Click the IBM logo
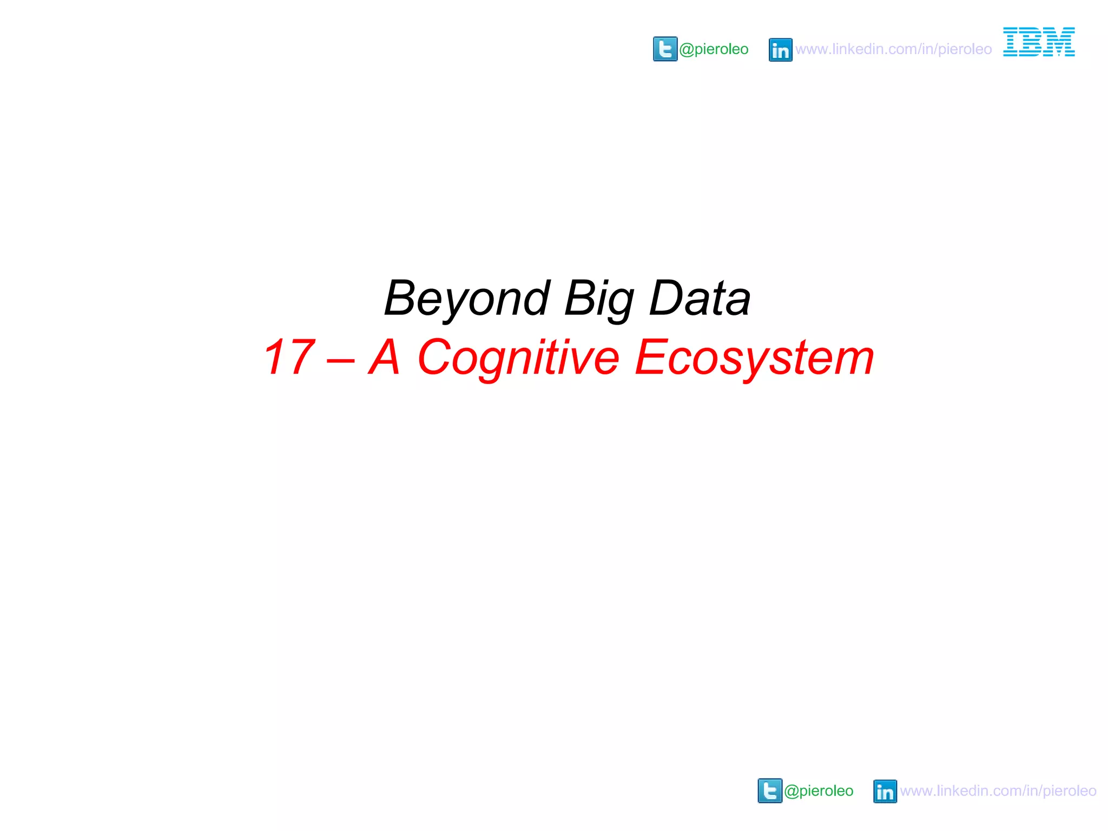click(1039, 42)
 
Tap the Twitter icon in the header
click(665, 49)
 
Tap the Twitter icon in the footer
click(770, 790)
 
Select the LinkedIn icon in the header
click(780, 50)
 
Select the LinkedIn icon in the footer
click(885, 791)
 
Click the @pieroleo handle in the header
click(714, 49)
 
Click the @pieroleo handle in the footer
click(819, 790)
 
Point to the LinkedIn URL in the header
click(893, 49)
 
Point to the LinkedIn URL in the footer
click(998, 790)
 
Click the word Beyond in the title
click(467, 299)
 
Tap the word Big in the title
click(599, 299)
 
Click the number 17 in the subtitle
click(289, 357)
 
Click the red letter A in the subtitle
click(385, 357)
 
